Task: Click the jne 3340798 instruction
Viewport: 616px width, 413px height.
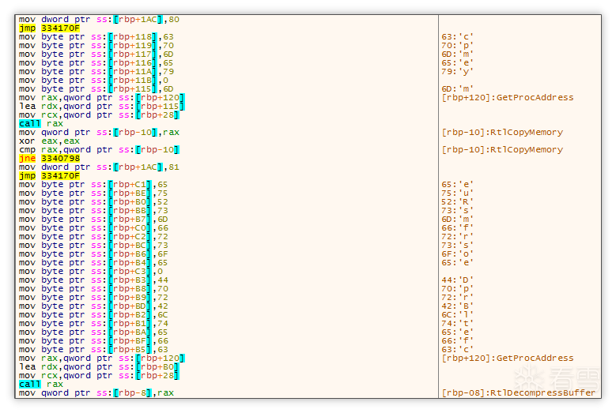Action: (49, 158)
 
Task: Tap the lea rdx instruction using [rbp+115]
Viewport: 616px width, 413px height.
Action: (101, 107)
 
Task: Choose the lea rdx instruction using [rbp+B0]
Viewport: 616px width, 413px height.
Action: (99, 367)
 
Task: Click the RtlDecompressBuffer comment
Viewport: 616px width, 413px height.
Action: (519, 393)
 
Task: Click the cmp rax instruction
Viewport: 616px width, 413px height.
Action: (99, 150)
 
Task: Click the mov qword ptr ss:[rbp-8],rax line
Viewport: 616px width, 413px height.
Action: (96, 393)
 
